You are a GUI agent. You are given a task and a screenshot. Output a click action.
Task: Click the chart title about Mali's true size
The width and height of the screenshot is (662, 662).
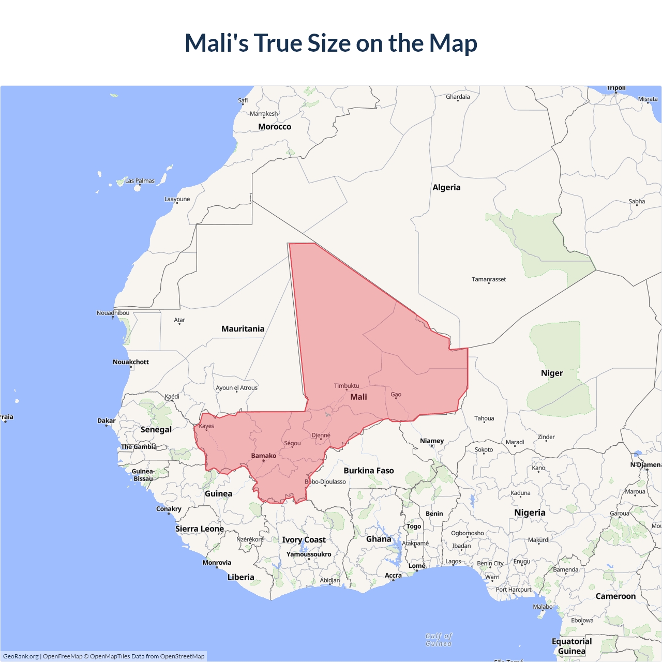[x=331, y=43]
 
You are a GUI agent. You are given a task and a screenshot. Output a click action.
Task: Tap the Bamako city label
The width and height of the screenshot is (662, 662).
[x=263, y=456]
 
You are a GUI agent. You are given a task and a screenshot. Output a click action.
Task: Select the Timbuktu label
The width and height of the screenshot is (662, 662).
[x=346, y=386]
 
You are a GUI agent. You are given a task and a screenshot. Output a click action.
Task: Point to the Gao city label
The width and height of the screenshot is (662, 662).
[x=396, y=395]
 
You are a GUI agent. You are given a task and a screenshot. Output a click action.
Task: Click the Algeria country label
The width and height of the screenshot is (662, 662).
[x=446, y=187]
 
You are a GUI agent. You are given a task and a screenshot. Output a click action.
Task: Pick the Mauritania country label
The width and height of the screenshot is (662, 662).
[x=243, y=329]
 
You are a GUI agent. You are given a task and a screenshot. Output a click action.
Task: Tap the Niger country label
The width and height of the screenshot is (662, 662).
[x=551, y=373]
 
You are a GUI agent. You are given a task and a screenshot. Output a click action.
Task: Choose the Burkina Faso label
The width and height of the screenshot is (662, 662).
[x=369, y=471]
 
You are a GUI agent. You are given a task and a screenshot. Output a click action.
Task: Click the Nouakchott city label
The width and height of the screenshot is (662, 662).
[x=131, y=362]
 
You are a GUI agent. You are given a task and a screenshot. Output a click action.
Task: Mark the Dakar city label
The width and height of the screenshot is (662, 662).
[x=107, y=420]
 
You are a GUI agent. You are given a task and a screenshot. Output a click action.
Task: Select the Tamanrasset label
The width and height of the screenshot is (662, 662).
[x=488, y=279]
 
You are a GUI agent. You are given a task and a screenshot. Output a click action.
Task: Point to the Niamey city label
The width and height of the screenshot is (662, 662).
[x=432, y=441]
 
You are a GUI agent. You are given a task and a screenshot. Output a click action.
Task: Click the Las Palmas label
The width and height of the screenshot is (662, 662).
[x=140, y=181]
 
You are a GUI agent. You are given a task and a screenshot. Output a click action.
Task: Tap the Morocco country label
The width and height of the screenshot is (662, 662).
[x=275, y=127]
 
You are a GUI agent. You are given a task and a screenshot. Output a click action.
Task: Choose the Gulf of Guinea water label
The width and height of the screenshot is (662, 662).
[x=439, y=640]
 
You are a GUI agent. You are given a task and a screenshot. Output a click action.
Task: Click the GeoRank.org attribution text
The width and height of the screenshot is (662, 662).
[x=21, y=656]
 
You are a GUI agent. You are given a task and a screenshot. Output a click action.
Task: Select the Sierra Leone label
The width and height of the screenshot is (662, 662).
[x=199, y=529]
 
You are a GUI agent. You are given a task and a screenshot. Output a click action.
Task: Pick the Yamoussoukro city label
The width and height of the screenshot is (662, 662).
[x=309, y=554]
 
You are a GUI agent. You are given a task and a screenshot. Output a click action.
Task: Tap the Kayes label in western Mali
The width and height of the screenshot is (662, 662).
[x=206, y=426]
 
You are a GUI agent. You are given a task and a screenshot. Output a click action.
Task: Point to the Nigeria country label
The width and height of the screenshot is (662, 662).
[x=530, y=513]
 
